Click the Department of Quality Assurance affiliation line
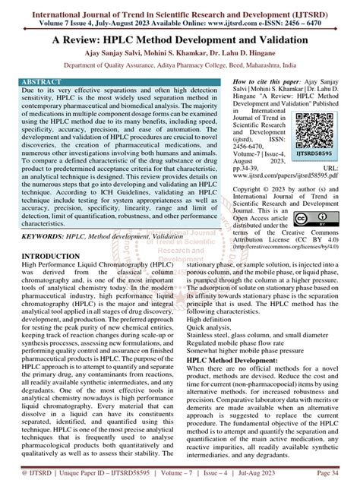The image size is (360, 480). tap(179, 66)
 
